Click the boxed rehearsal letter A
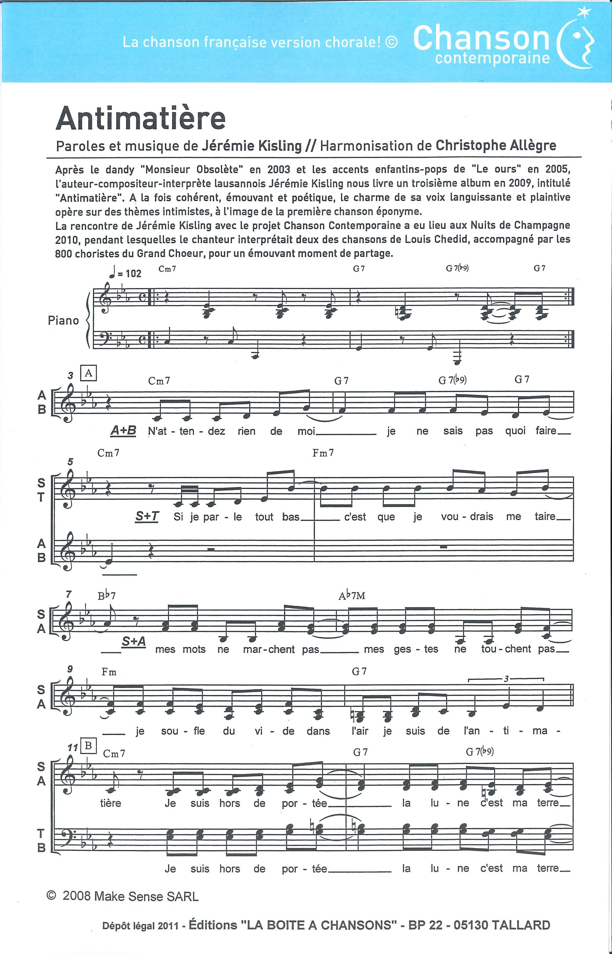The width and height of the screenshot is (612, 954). [88, 373]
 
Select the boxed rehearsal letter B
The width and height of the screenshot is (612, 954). [88, 746]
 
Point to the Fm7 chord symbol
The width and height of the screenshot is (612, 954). [323, 452]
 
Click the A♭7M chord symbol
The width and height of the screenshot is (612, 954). [352, 596]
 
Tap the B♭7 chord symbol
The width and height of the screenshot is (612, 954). [107, 596]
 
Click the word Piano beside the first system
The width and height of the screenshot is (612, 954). [63, 320]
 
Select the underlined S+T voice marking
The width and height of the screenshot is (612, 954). [146, 516]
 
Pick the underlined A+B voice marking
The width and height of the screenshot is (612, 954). [123, 430]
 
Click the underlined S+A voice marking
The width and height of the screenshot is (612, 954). [133, 641]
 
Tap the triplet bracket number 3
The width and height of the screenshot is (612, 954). [506, 679]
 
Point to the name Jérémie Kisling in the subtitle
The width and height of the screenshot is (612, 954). [252, 146]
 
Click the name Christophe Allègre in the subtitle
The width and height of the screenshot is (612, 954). [496, 145]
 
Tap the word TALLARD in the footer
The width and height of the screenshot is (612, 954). [521, 925]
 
